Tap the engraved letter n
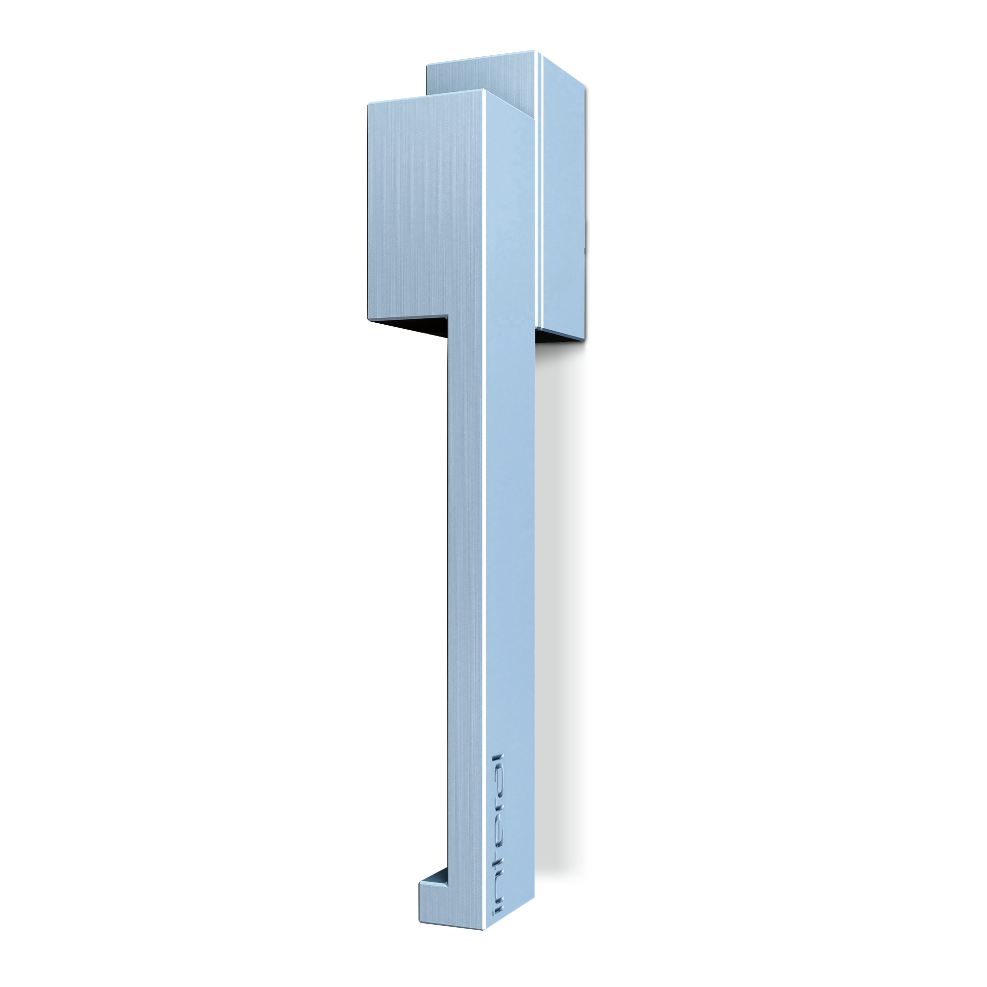[x=498, y=886]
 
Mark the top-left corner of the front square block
[x=368, y=103]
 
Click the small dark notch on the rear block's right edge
[x=585, y=251]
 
